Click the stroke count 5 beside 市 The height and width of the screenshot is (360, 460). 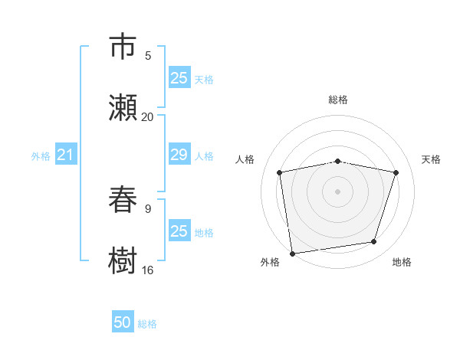click(148, 55)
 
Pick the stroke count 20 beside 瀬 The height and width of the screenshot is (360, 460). click(148, 116)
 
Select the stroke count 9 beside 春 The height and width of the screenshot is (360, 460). click(148, 207)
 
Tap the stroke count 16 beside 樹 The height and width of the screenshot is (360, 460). click(148, 270)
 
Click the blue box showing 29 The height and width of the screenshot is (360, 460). click(179, 155)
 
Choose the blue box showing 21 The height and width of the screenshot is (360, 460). click(65, 155)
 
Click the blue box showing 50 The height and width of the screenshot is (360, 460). click(123, 322)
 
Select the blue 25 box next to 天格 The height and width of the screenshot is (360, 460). click(179, 78)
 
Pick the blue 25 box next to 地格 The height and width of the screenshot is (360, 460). click(179, 231)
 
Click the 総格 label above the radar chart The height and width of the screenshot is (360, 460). click(338, 100)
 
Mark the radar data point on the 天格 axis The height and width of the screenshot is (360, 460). click(396, 172)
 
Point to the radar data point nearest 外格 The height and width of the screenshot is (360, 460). click(292, 252)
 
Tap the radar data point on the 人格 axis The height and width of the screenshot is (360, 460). click(280, 172)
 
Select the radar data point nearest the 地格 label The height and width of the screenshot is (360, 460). click(374, 242)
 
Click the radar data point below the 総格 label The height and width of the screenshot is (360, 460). click(338, 161)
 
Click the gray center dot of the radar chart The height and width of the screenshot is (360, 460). click(338, 191)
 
